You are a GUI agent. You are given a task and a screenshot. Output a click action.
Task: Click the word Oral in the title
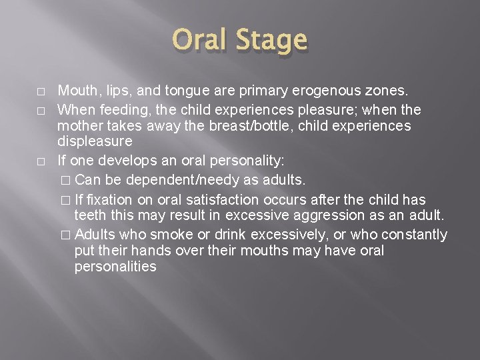click(x=200, y=41)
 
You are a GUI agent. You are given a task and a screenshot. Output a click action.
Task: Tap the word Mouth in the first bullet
click(x=75, y=90)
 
